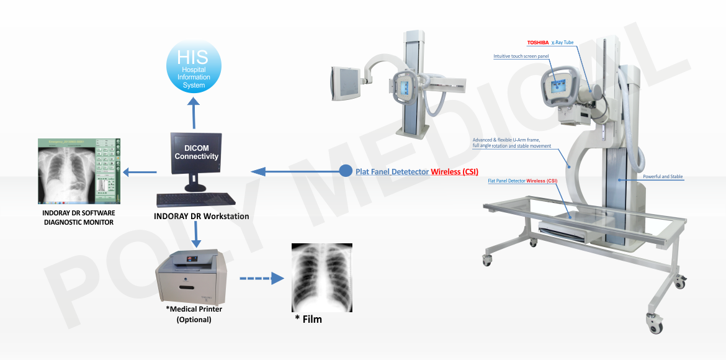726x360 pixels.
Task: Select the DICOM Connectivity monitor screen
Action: [x=196, y=153]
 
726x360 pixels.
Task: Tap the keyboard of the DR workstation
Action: [x=196, y=200]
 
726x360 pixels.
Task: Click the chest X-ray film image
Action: [x=321, y=277]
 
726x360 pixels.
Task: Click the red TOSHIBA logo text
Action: [x=537, y=43]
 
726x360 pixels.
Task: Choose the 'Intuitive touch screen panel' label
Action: [x=521, y=56]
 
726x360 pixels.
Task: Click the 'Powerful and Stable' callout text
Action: [x=663, y=177]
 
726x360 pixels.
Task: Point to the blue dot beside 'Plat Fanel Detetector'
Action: [x=346, y=171]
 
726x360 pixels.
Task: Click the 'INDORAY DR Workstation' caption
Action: [x=201, y=217]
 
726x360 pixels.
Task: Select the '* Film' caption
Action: [x=308, y=320]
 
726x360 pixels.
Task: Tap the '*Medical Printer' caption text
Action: [x=194, y=309]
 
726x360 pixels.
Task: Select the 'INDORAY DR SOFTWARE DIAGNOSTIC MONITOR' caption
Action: [x=79, y=217]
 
